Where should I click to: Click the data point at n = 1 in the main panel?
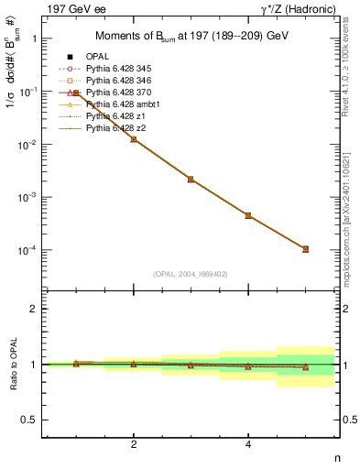76,93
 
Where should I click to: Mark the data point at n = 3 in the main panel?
191,180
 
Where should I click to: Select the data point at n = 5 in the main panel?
305,249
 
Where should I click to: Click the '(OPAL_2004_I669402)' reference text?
190,274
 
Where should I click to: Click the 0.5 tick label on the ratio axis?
29,420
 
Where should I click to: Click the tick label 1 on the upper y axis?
34,39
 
